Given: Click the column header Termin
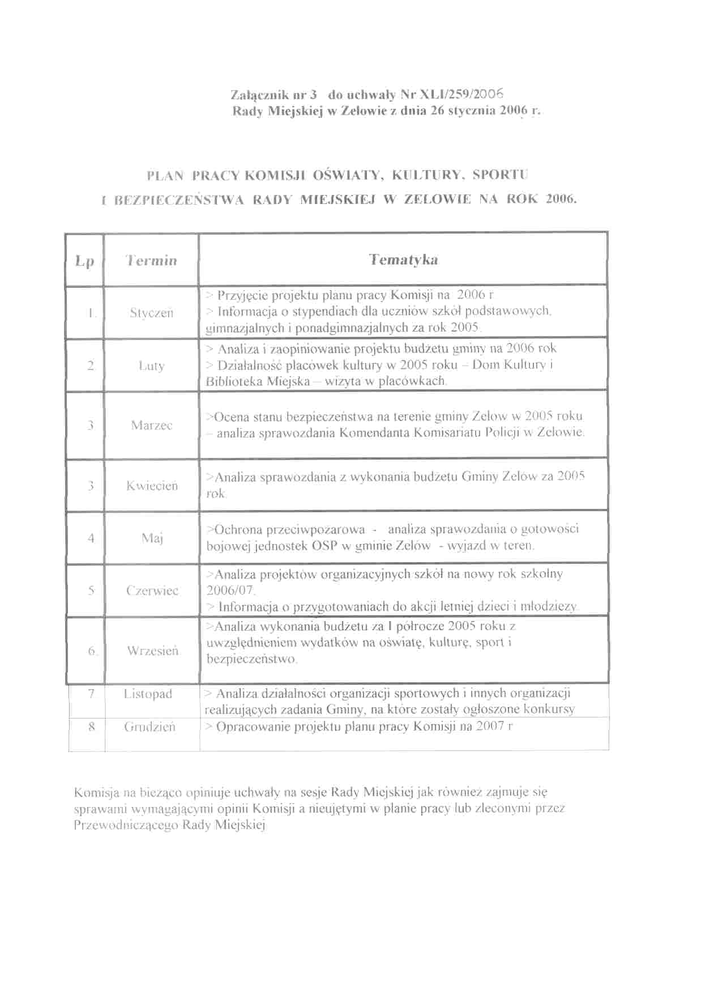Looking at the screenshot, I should point(151,261).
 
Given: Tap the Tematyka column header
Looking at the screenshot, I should point(403,260).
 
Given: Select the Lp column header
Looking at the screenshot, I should point(84,261).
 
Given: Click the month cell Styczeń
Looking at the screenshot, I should point(151,313).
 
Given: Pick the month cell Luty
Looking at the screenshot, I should point(151,366).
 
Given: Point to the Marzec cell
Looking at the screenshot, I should point(151,425).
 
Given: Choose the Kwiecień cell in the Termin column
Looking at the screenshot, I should point(152,486).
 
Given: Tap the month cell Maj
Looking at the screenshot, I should point(152,538).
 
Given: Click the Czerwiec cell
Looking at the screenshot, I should point(152,591).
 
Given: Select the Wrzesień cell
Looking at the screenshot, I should point(152,651).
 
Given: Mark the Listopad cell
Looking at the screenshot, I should point(148,694).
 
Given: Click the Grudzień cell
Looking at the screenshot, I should point(149,727).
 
